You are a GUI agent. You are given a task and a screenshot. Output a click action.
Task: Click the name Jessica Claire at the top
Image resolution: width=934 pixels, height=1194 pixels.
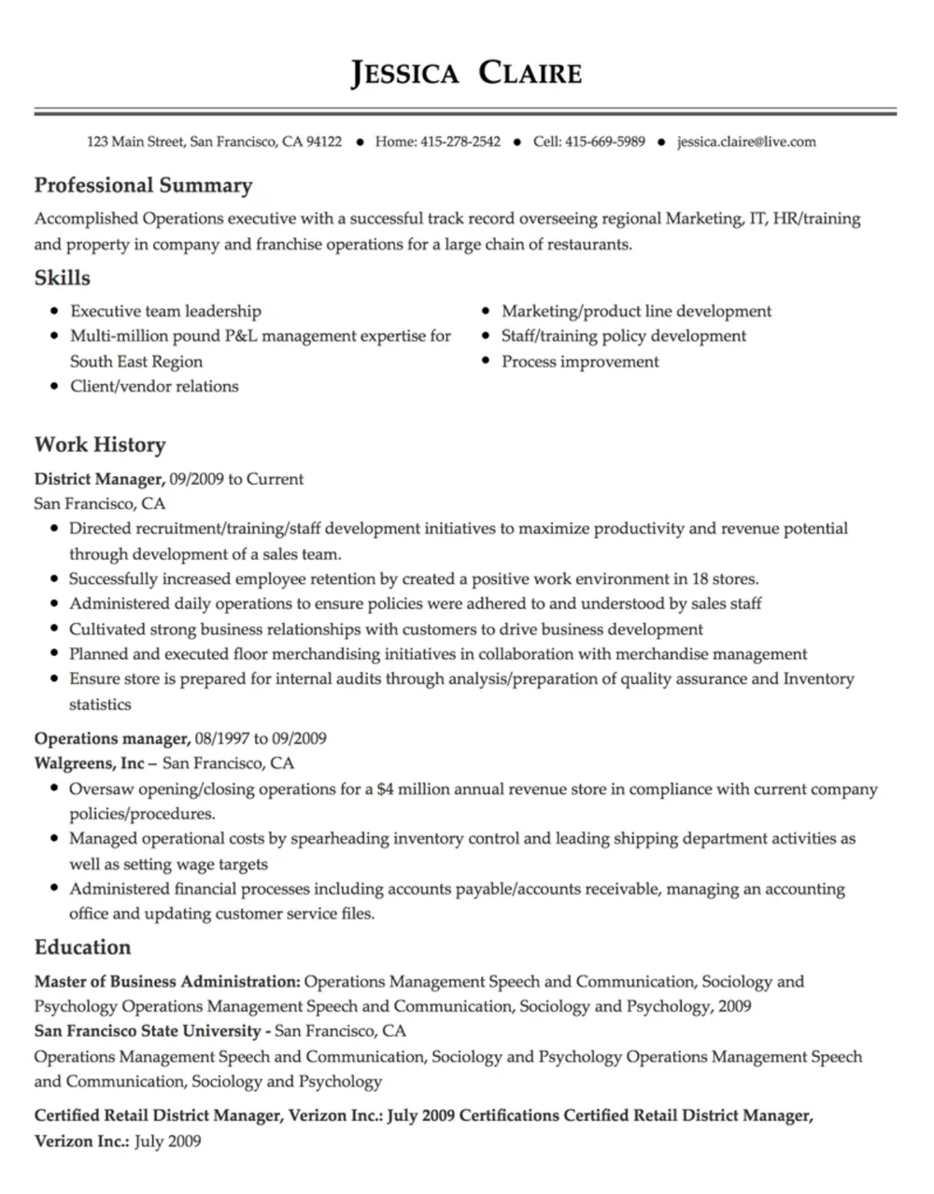(466, 73)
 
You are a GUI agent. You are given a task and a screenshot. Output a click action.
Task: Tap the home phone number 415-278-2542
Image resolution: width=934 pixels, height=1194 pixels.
(460, 142)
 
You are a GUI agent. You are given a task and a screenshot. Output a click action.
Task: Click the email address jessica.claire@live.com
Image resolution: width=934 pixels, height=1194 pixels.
(746, 142)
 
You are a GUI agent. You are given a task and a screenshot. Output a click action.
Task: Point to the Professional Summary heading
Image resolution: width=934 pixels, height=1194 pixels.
(143, 185)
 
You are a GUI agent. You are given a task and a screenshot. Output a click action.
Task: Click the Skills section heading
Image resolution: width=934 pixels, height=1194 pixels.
(63, 277)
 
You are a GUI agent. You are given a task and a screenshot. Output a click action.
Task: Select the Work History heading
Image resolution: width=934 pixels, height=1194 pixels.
(100, 445)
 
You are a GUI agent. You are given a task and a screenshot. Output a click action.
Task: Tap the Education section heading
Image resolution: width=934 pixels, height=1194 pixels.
(82, 947)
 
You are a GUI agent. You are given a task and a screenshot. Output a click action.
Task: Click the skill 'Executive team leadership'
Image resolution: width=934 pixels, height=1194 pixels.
(165, 311)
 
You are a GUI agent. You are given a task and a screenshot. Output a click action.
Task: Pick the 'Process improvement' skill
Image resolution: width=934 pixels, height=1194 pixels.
(580, 362)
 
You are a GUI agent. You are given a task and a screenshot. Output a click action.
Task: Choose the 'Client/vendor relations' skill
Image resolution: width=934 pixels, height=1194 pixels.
(154, 386)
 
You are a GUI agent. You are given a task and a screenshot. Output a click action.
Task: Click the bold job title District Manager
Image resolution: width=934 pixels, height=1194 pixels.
(99, 479)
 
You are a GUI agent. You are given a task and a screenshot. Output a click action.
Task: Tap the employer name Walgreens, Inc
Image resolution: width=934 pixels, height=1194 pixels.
(90, 763)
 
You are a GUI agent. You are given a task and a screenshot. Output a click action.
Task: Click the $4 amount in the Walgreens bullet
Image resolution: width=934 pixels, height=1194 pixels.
(385, 789)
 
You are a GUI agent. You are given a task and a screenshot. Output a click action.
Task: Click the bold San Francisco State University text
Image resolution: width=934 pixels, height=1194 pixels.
(148, 1031)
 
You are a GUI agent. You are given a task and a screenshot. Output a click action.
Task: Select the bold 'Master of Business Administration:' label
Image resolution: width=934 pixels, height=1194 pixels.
(167, 982)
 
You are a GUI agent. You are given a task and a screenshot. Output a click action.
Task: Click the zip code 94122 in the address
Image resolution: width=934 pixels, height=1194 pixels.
(324, 142)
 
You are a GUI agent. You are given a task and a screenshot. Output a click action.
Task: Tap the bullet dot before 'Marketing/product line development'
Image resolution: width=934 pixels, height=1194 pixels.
(488, 312)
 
